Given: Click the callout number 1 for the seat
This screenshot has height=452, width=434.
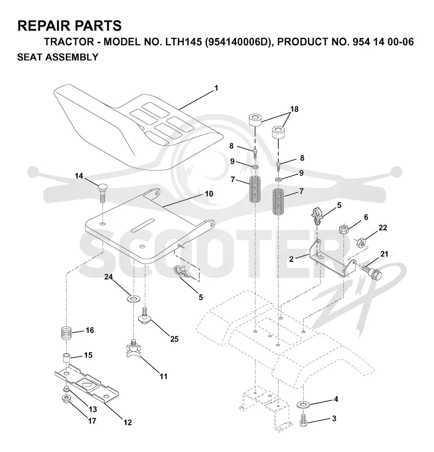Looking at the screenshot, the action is pos(216,88).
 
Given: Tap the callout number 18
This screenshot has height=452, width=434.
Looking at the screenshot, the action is pos(294,109).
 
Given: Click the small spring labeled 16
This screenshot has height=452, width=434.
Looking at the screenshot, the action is pos(67,334).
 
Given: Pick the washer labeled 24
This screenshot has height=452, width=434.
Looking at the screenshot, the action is pos(133,299).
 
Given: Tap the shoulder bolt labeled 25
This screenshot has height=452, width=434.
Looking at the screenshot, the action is pos(145,316).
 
